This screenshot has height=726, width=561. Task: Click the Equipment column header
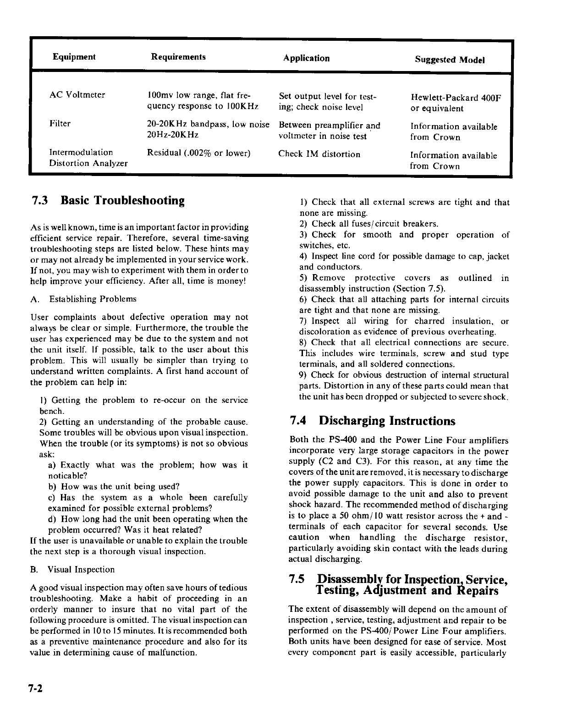click(x=74, y=57)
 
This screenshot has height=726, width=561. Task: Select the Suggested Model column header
click(x=450, y=60)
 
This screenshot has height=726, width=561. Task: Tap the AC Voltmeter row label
click(x=77, y=95)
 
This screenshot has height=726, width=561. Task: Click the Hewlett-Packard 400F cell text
click(x=456, y=98)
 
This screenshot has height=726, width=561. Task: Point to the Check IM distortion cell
click(x=319, y=154)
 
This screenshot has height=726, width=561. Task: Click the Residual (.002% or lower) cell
click(x=198, y=153)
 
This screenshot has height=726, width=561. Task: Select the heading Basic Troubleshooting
click(x=123, y=201)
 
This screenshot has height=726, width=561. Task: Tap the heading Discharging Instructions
click(x=387, y=421)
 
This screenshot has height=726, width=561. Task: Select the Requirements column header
click(x=178, y=57)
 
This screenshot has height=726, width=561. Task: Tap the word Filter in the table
click(x=60, y=123)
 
